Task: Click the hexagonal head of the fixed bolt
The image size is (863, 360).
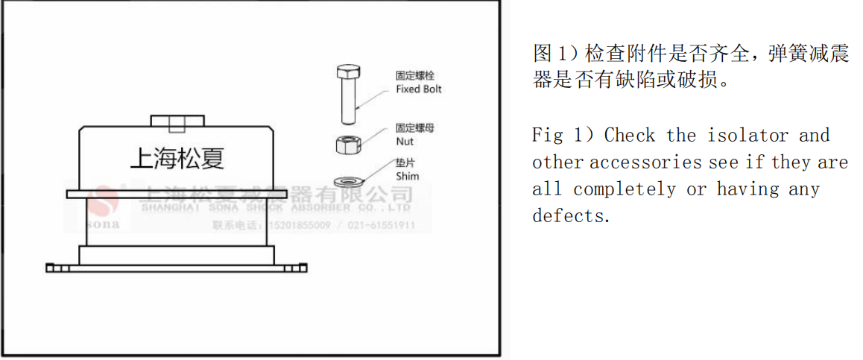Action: [x=347, y=73]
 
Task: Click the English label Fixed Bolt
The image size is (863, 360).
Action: [x=418, y=89]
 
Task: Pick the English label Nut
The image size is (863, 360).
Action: [x=404, y=141]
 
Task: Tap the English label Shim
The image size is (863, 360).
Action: [x=407, y=177]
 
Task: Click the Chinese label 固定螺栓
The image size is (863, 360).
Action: [x=414, y=75]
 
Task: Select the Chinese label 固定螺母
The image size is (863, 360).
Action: [x=414, y=128]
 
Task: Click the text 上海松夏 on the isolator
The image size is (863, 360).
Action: [x=177, y=157]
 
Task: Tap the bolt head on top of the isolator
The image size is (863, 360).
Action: [x=177, y=121]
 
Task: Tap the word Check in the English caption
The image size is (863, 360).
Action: [x=630, y=136]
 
